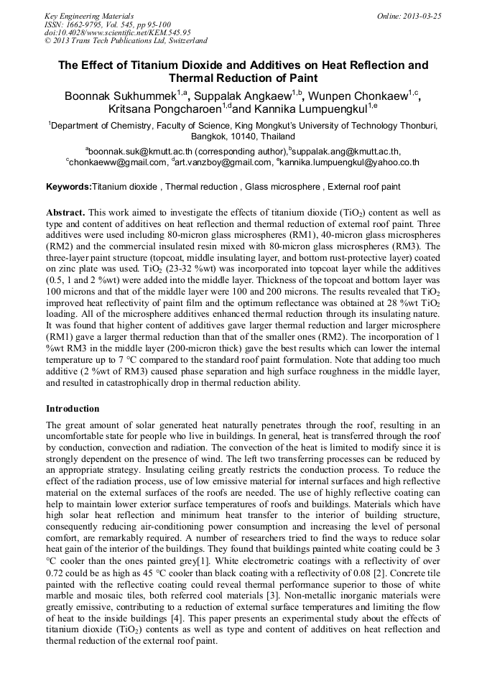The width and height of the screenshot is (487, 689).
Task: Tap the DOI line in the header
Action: pos(118,32)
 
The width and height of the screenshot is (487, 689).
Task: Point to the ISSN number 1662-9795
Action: pos(87,24)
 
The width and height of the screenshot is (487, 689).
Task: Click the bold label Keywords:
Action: pos(69,187)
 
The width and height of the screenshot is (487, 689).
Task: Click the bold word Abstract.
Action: pos(65,213)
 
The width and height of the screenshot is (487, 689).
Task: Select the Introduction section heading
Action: pos(73,408)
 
